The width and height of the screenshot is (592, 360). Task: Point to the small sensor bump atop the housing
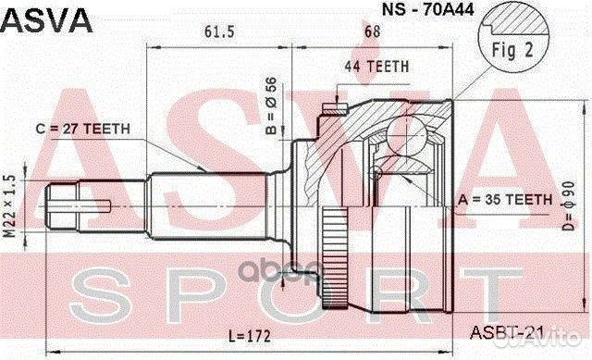pos(327,112)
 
